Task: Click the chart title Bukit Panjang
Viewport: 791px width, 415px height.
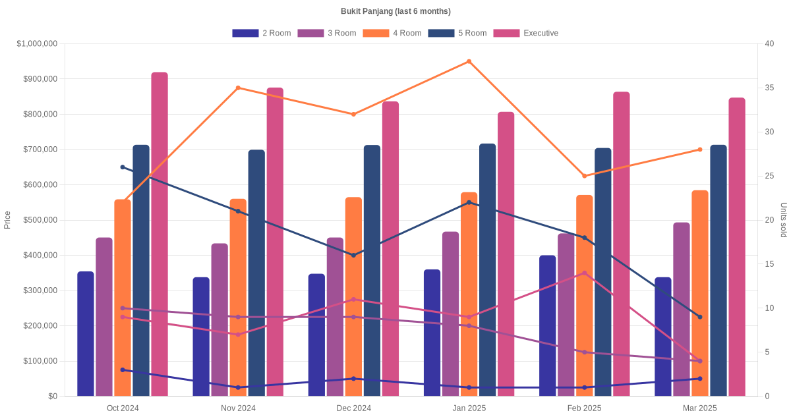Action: [x=395, y=11]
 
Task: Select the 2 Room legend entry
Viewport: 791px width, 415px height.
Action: [x=262, y=33]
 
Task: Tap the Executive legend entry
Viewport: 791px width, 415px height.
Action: [x=526, y=33]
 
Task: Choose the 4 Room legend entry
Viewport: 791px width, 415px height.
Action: [x=392, y=33]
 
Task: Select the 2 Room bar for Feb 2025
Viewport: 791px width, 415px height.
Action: [x=547, y=325]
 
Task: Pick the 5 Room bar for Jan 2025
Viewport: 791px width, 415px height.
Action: [x=488, y=269]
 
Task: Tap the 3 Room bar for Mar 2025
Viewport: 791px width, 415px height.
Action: [x=682, y=309]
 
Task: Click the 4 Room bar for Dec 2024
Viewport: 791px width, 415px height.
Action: [x=353, y=296]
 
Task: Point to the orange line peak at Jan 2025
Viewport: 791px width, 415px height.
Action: [x=469, y=61]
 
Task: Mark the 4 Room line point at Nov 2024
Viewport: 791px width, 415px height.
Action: [x=238, y=88]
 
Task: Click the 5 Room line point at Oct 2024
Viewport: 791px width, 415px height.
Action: [x=123, y=167]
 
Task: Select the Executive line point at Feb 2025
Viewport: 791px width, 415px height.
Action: [x=584, y=273]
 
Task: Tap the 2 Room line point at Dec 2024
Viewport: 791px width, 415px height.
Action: [x=353, y=379]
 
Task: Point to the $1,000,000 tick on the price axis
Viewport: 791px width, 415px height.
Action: [x=38, y=43]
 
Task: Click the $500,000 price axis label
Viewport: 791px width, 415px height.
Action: [x=40, y=220]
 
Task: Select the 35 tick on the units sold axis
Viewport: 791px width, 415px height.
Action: [x=770, y=88]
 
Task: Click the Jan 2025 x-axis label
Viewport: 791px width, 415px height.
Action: [x=469, y=408]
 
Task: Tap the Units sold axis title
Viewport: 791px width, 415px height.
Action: [x=784, y=220]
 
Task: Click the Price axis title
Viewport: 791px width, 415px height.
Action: [x=7, y=220]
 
